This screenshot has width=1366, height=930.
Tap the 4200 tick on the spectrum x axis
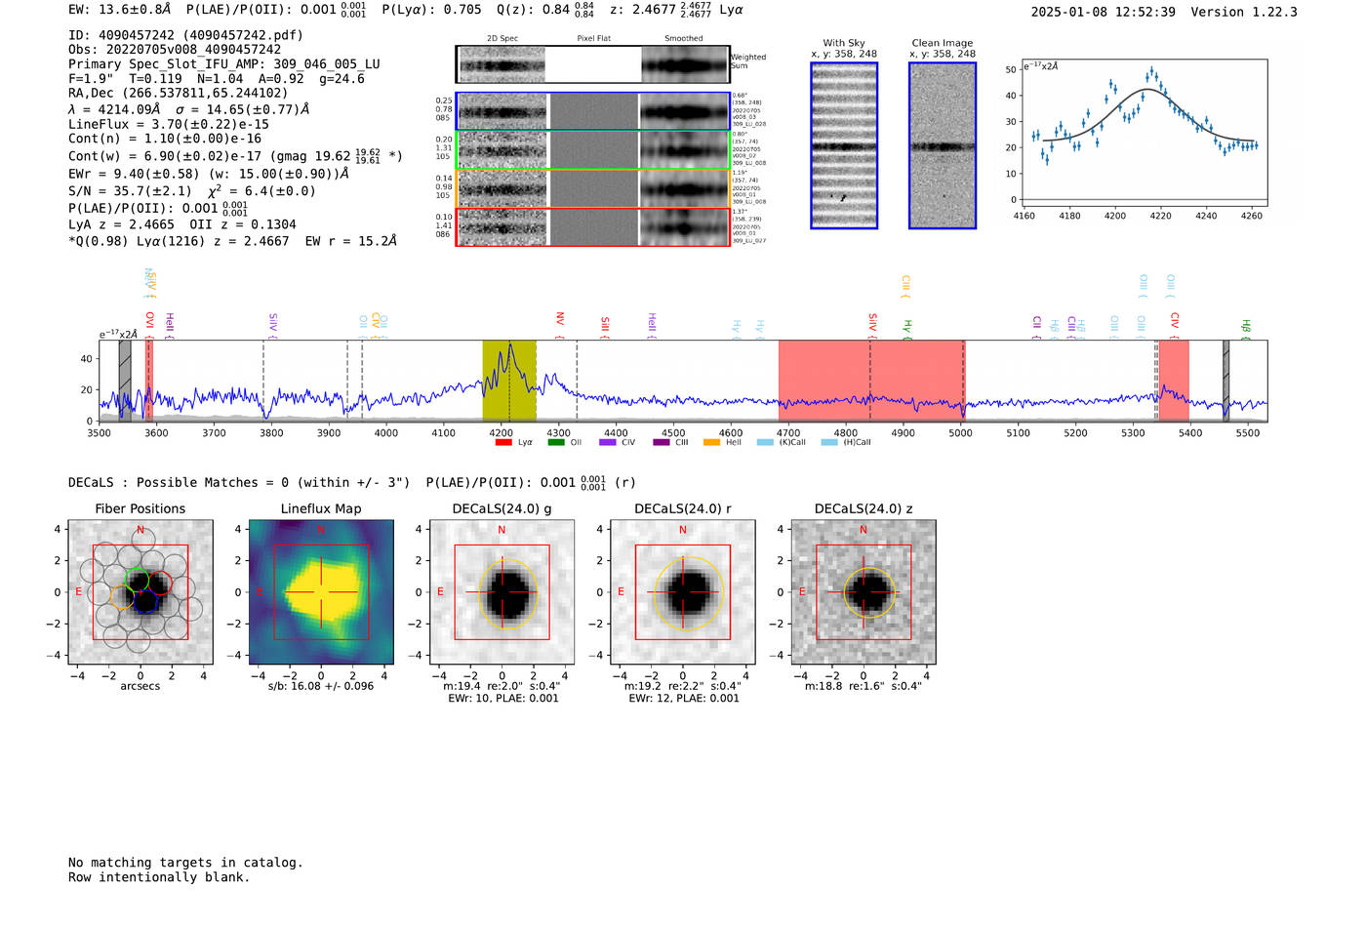click(x=502, y=432)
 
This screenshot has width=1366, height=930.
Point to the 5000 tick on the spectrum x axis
click(x=961, y=432)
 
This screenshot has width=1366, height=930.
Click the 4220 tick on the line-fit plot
click(x=1160, y=216)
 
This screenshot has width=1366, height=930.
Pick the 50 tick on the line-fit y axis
click(x=1011, y=69)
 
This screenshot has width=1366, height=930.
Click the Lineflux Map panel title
click(x=321, y=508)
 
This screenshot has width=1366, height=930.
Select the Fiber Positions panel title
click(x=141, y=508)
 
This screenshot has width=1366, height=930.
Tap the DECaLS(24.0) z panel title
click(x=864, y=508)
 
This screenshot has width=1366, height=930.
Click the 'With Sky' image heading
click(x=844, y=43)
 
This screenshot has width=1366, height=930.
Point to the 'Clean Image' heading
click(x=943, y=43)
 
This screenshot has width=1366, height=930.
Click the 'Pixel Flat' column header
click(x=593, y=39)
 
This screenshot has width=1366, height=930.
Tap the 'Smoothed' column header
click(x=684, y=39)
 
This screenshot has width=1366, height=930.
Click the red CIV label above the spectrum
click(x=1175, y=321)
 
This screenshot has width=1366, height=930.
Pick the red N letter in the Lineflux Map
click(x=321, y=530)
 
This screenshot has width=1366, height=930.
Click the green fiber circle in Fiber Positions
click(x=138, y=578)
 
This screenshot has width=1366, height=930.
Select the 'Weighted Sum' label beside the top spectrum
click(x=747, y=61)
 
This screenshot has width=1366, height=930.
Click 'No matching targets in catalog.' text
click(x=185, y=863)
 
